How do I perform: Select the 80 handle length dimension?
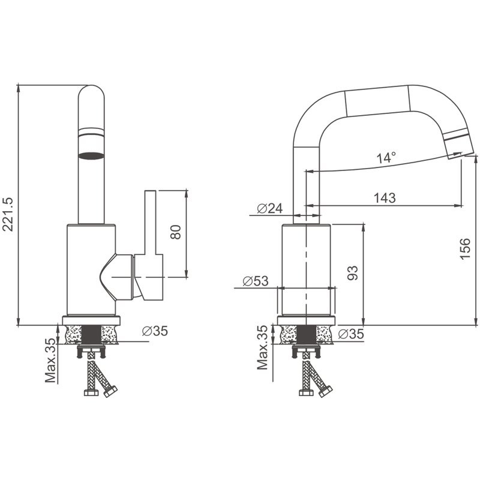[x=176, y=232]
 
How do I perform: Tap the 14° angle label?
[x=386, y=158]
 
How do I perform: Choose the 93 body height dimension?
[x=353, y=274]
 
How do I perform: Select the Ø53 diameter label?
[x=255, y=281]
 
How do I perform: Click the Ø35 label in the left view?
[x=155, y=331]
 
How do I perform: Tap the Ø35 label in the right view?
[x=350, y=334]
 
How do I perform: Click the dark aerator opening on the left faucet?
[x=91, y=156]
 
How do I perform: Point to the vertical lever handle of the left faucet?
[x=149, y=222]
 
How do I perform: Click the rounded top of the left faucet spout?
[x=91, y=96]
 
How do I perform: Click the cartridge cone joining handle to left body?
[x=118, y=276]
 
